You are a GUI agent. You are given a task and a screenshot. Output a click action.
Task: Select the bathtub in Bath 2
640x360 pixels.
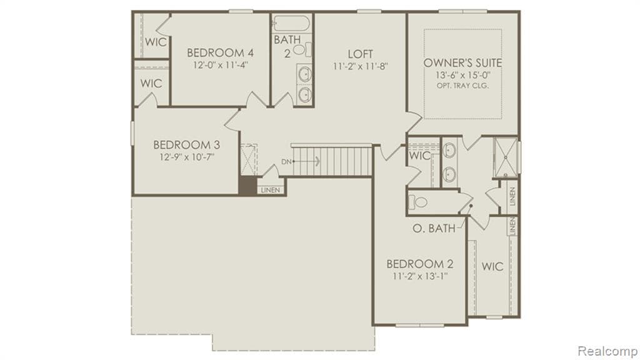point(291,24)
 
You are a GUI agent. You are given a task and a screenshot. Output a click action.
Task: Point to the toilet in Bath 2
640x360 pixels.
point(300,48)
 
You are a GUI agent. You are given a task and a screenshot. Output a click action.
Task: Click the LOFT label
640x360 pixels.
point(361,52)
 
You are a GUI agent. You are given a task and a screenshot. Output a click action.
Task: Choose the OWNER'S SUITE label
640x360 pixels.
point(462,62)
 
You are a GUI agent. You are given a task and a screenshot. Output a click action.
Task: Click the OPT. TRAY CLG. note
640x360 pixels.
point(462,85)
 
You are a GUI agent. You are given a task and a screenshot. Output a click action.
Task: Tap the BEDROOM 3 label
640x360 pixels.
point(186,144)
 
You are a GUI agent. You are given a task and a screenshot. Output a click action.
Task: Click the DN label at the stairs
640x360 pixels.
point(286,162)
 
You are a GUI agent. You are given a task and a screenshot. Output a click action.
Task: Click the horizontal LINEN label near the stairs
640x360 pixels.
point(270,189)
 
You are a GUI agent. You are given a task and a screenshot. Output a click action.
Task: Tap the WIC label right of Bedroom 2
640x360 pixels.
point(492,266)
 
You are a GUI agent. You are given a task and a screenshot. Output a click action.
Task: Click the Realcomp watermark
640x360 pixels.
point(607,351)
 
